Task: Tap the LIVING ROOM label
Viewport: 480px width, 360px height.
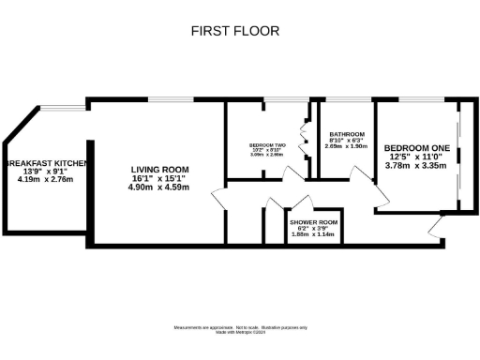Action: click(x=159, y=169)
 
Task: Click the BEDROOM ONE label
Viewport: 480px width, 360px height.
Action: click(x=416, y=148)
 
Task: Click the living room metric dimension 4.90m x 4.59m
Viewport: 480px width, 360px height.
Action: click(x=159, y=187)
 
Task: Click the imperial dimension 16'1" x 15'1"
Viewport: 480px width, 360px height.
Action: click(x=159, y=178)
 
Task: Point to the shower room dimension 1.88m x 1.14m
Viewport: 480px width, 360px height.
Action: click(x=313, y=233)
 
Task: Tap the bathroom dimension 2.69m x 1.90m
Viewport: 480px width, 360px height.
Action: click(x=345, y=147)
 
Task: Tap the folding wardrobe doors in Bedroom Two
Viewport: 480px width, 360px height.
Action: click(x=303, y=141)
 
